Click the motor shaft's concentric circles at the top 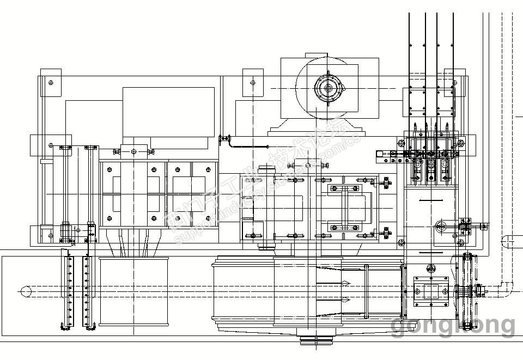[329, 88]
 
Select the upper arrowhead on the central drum [345, 283]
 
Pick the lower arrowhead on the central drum [345, 298]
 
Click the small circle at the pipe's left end [23, 291]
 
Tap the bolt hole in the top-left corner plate [51, 83]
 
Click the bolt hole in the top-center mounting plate [253, 83]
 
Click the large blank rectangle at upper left [168, 112]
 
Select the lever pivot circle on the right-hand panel [441, 225]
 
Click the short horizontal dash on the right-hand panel [431, 201]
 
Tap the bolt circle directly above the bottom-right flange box [431, 268]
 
